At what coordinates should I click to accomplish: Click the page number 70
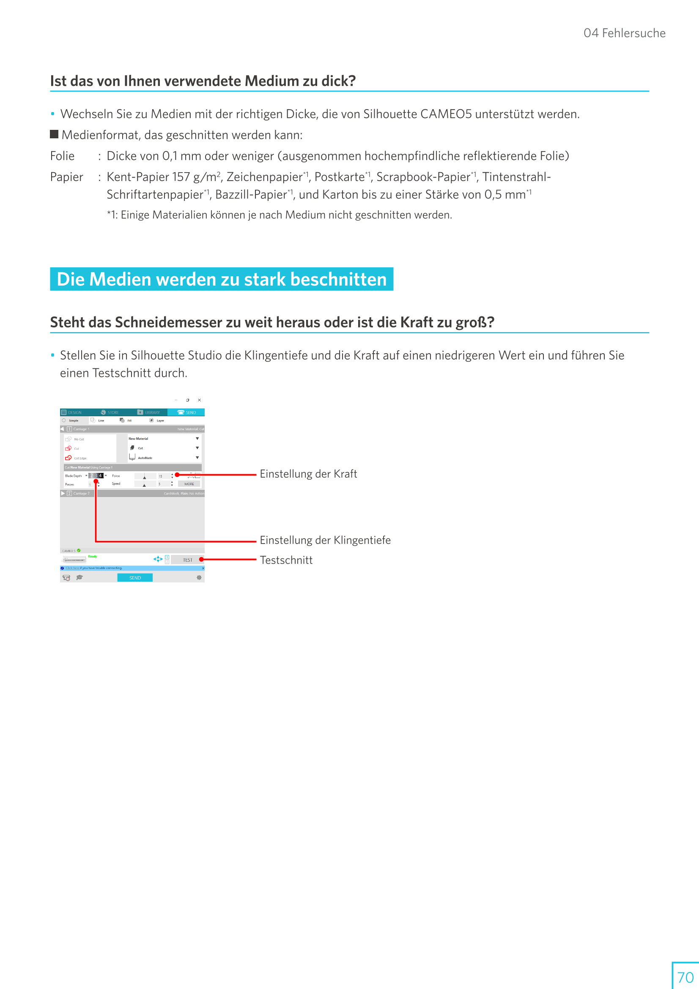tap(685, 977)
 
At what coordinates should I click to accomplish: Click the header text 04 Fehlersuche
tap(624, 33)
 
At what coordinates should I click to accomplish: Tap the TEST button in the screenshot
tap(187, 560)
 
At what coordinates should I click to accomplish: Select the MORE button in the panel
tap(189, 484)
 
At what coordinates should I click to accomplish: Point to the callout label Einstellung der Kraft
tap(308, 474)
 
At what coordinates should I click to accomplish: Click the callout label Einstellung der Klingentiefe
tap(325, 540)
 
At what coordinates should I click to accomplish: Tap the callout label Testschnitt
tap(286, 560)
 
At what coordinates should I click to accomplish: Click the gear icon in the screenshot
tap(199, 578)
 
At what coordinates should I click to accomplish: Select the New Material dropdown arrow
tap(197, 439)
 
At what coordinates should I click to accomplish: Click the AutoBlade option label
tap(145, 458)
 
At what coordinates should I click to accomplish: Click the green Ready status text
tap(93, 557)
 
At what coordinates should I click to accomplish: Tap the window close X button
tap(200, 400)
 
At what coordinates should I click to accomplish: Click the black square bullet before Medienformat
tap(54, 135)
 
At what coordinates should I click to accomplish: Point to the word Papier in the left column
tap(66, 177)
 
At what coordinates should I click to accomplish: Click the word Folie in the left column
tap(62, 156)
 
